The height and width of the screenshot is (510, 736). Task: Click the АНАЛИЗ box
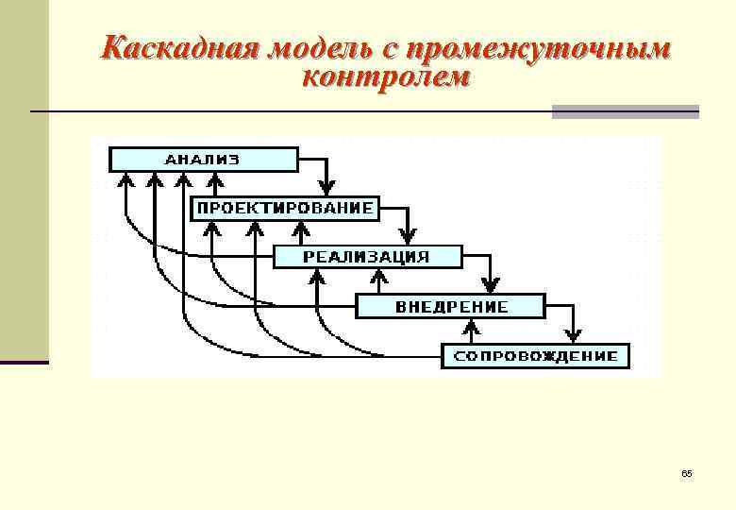[x=204, y=159]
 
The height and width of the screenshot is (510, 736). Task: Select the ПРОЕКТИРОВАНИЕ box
[x=285, y=208]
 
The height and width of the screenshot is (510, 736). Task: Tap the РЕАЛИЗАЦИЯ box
[x=367, y=257]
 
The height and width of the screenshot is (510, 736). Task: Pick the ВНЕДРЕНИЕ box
[x=451, y=307]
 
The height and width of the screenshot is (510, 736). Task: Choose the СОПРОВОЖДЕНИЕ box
[x=535, y=356]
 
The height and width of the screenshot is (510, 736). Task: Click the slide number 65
[x=686, y=472]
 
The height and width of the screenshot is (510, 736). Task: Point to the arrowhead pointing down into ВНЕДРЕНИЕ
[x=490, y=286]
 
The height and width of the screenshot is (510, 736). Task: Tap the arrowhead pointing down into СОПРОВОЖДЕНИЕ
[x=573, y=335]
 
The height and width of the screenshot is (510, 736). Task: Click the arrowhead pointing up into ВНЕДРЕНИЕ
[x=468, y=328]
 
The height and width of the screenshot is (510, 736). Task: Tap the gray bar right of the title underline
[x=625, y=112]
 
